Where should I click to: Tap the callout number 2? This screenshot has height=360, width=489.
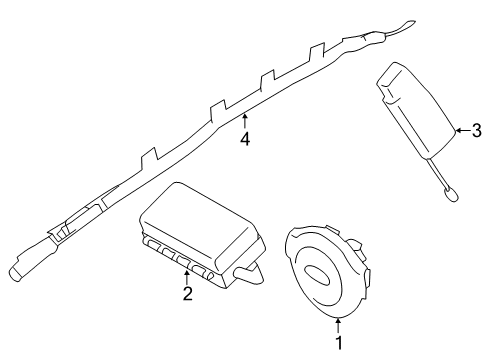(188, 293)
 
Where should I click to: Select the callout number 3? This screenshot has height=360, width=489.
(477, 130)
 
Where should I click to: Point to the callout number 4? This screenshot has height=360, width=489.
(245, 139)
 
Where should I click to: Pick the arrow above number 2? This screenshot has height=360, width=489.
(187, 278)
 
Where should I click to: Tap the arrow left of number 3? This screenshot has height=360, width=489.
(463, 130)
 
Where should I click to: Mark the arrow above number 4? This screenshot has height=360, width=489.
(245, 121)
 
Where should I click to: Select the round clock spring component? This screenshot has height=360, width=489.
(328, 272)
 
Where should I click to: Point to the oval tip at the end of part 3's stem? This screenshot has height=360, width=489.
(451, 194)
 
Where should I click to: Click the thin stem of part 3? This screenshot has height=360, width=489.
(438, 173)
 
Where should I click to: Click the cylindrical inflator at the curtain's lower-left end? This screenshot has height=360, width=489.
(32, 260)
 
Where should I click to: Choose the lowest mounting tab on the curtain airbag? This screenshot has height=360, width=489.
(149, 158)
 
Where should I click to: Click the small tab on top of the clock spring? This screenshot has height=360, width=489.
(332, 229)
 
